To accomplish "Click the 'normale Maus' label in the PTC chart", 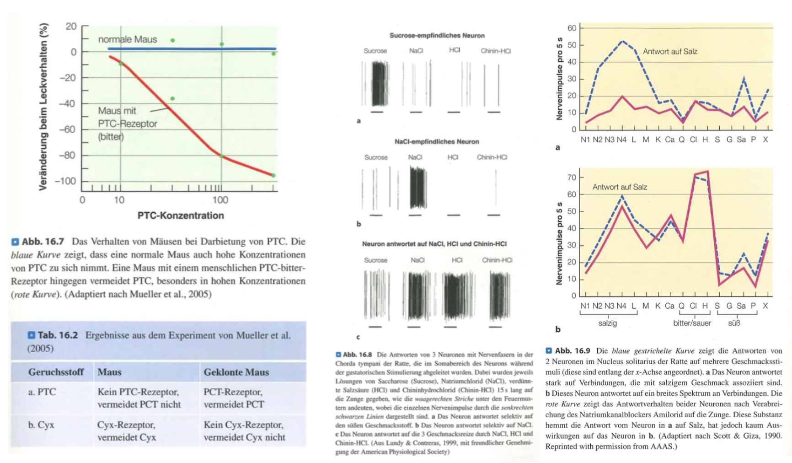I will pos(127,40).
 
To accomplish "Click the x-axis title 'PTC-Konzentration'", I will pos(181,215).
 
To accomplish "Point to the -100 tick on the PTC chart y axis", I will pos(65,181).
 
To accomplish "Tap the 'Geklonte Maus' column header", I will pos(236,372).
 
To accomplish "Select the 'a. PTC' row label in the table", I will pos(42,392).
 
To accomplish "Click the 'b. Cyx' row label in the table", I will pos(41,425).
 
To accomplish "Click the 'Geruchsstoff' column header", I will pos(56,372).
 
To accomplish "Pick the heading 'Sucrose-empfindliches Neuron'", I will pos(437,36).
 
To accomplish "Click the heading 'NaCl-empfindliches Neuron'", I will pos(437,142).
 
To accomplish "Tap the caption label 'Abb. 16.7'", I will pos(43,242).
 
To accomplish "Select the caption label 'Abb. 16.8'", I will pos(357,355).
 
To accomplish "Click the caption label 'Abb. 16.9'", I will pos(573,351).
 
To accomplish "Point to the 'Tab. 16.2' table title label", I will pos(58,335).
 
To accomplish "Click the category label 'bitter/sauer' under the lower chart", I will pos(692,323).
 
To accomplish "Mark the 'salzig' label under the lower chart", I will pos(607,323).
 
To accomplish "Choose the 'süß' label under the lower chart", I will pos(734,323).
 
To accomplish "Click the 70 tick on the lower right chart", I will pos(572,178).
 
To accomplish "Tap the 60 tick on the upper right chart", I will pos(572,28).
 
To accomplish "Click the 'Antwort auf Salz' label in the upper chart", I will pos(670,52).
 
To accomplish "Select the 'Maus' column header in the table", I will pos(109,372).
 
